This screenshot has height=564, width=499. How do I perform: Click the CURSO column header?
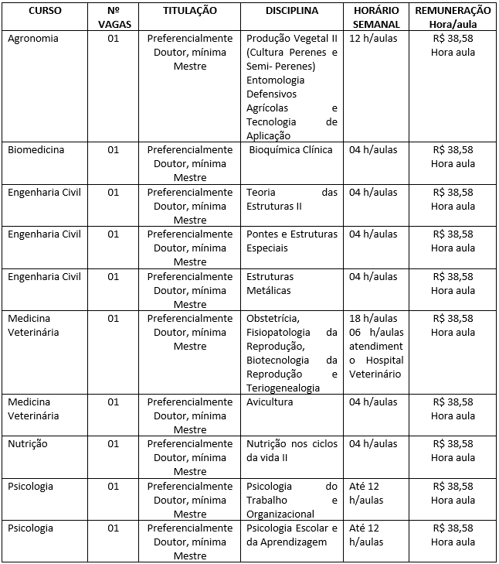tap(45, 12)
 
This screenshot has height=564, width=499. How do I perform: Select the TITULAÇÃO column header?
tap(190, 12)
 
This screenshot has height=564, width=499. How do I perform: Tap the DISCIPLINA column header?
tap(292, 12)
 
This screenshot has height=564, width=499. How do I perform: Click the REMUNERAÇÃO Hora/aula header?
tap(453, 18)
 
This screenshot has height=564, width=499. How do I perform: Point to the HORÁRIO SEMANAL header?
tap(375, 18)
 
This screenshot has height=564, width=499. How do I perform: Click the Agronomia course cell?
tap(33, 38)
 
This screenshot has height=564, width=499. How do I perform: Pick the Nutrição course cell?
tap(28, 444)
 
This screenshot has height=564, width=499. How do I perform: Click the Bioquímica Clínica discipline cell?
tap(290, 150)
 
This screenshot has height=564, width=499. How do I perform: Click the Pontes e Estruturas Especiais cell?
tap(291, 241)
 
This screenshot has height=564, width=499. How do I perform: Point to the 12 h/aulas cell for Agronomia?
tap(373, 38)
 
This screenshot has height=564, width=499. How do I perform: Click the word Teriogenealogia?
tap(283, 388)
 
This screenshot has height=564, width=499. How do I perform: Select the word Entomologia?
tap(275, 80)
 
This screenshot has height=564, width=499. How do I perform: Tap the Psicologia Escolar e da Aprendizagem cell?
tap(291, 535)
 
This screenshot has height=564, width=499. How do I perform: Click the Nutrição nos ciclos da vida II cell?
tap(291, 451)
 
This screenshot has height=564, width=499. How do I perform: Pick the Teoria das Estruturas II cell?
tap(291, 199)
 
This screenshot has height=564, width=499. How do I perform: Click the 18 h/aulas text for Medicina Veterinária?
tap(373, 319)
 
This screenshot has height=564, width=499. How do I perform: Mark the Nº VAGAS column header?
tap(114, 18)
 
